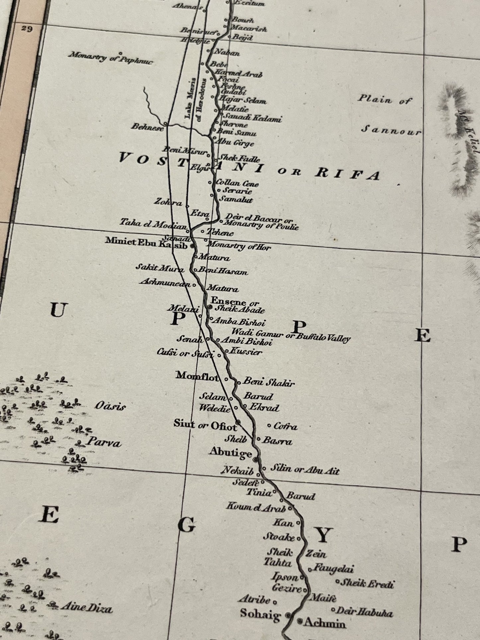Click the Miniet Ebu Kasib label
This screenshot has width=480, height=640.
146,241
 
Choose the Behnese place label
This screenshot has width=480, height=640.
147,127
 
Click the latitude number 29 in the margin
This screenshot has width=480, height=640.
27,29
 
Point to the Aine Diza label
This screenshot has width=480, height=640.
86,608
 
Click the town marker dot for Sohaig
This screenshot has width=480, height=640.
288,615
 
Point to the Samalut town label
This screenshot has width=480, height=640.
235,200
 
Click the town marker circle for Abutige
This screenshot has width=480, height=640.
255,460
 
